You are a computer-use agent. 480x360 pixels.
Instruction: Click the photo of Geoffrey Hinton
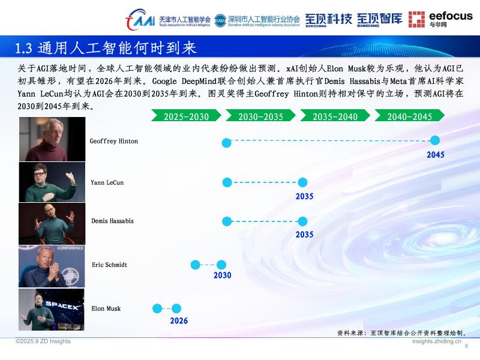[x=52, y=139]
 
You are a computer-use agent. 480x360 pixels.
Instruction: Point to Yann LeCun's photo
[x=52, y=182]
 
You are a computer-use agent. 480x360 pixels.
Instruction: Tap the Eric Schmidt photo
[x=52, y=266]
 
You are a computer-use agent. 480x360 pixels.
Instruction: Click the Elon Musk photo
[x=52, y=309]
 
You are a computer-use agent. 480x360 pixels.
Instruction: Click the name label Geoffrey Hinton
[x=114, y=142]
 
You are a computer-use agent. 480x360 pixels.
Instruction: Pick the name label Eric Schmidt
[x=109, y=265]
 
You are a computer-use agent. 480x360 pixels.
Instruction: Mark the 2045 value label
[x=435, y=155]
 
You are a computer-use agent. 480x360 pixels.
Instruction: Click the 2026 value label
[x=179, y=321]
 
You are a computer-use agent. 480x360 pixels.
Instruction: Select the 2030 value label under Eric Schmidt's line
[x=222, y=276]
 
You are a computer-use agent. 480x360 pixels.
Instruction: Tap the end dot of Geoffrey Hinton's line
[x=435, y=140]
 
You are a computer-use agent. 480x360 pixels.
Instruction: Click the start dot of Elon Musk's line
[x=157, y=308]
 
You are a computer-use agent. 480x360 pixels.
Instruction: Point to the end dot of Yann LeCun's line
[x=302, y=182]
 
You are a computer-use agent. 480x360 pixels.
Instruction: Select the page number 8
[x=467, y=346]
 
